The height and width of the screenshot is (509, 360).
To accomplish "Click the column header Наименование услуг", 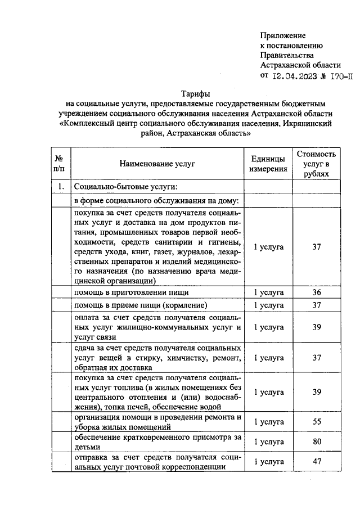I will pyautogui.click(x=157, y=163).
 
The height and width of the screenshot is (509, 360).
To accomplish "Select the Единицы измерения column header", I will pyautogui.click(x=268, y=163).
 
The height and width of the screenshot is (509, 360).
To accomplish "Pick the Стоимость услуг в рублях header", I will pyautogui.click(x=316, y=164).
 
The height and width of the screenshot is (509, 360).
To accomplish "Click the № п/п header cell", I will pyautogui.click(x=59, y=163).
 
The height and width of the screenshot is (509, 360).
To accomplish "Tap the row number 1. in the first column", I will pyautogui.click(x=59, y=187).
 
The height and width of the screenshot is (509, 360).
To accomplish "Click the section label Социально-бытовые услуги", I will pyautogui.click(x=126, y=187).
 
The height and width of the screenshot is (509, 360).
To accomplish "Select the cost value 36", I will pyautogui.click(x=316, y=293).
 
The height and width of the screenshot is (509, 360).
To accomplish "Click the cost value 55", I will pyautogui.click(x=316, y=421).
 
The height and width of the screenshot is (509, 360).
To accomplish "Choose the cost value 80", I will pyautogui.click(x=316, y=442).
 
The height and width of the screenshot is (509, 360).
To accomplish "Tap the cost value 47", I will pyautogui.click(x=316, y=462).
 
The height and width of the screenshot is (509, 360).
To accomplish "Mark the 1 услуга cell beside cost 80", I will pyautogui.click(x=268, y=442).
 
